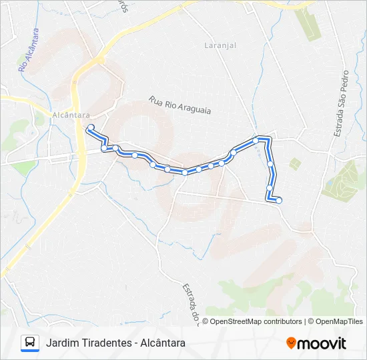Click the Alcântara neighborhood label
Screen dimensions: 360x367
point(71,115)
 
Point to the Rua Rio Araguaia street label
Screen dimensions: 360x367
point(180,105)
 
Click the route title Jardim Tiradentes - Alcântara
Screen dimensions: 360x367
point(115,343)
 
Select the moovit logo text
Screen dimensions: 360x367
point(322,343)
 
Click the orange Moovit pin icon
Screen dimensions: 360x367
point(292,343)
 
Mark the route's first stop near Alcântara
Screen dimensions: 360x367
point(90,127)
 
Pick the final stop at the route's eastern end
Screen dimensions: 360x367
point(279,200)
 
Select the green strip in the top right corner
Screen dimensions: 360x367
point(309,23)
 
